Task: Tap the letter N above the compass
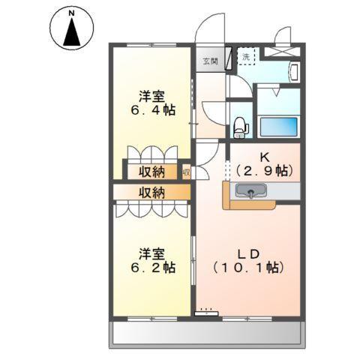72,12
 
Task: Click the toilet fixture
240,128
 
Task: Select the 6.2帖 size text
151,267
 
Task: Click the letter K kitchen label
264,157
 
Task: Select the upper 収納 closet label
151,172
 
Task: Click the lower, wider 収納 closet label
151,193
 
